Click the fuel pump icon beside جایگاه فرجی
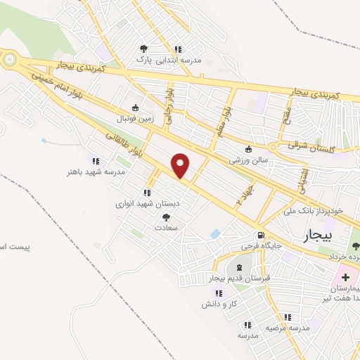coord(262,235)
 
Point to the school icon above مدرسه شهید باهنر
coord(96,161)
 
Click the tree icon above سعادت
coord(166,218)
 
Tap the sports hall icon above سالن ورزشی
coord(248,149)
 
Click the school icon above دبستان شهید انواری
coord(147,192)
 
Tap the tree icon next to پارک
coord(144,49)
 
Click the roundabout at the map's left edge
coord(8,60)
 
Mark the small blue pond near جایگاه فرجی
coord(216,233)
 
